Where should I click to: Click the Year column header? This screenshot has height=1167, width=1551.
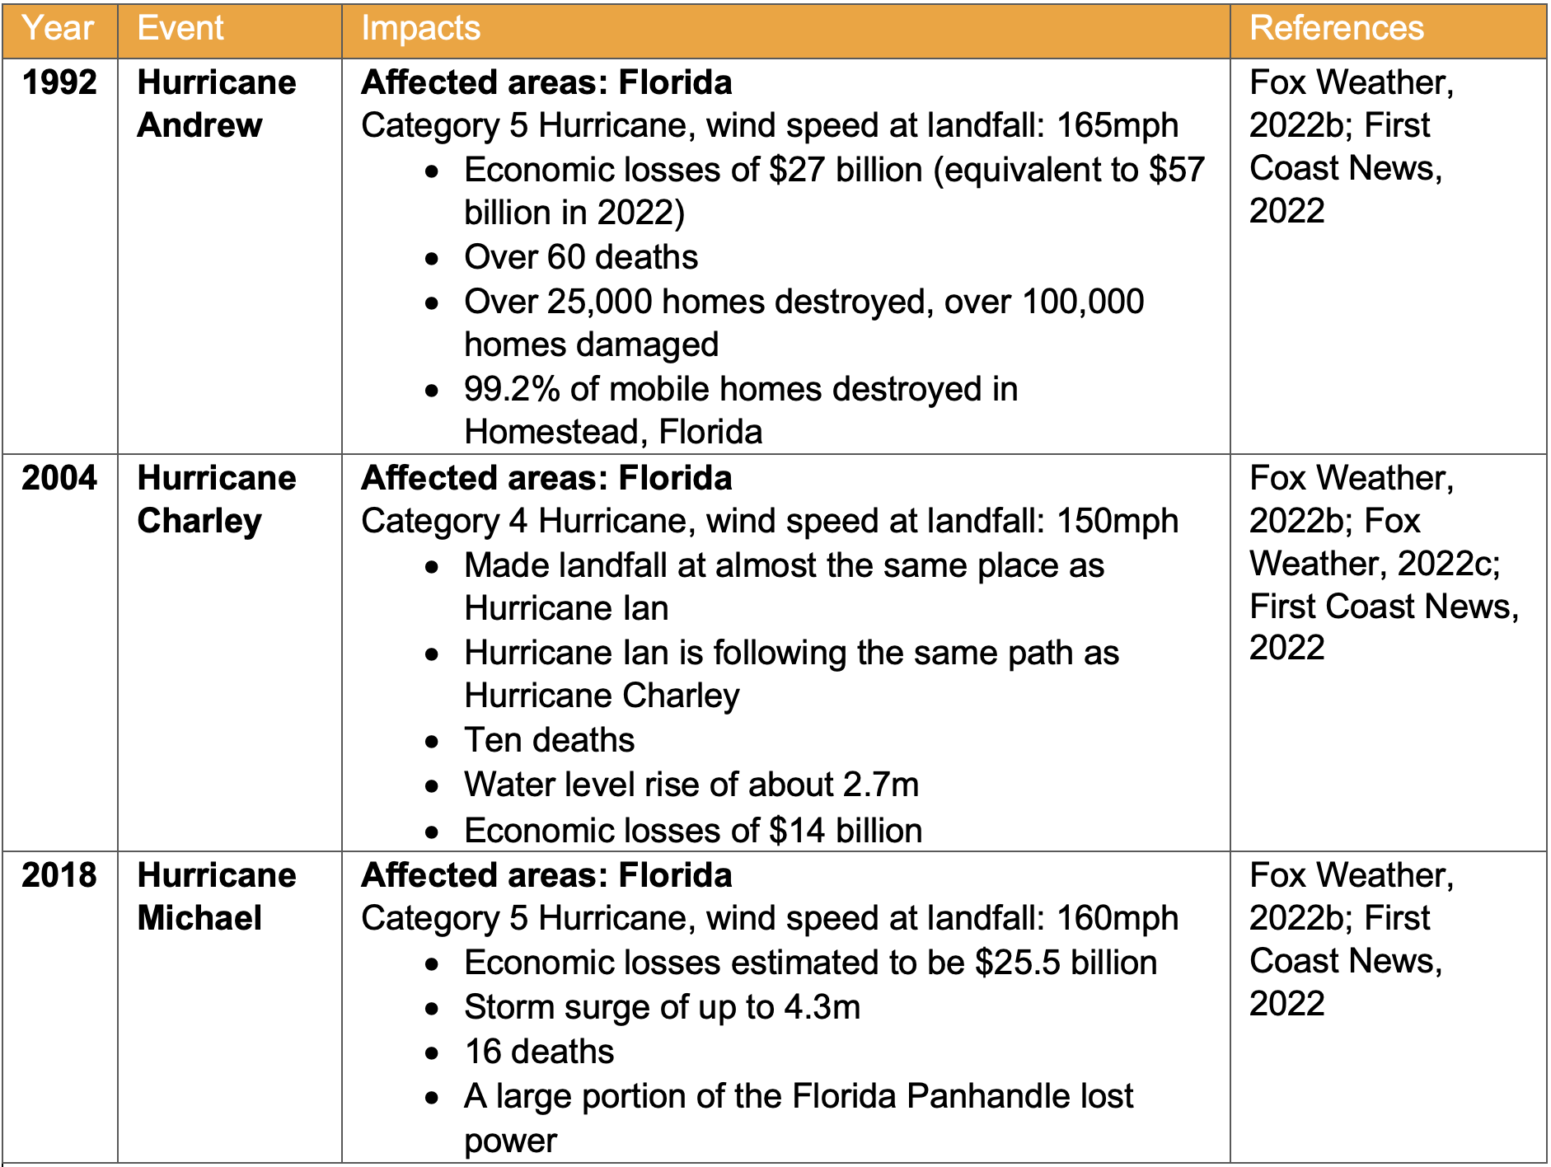tap(58, 29)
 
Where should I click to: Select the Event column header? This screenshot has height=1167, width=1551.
tap(180, 29)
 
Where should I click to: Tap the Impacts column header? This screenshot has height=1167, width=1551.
tap(420, 29)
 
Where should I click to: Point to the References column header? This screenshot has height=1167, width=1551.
tap(1336, 29)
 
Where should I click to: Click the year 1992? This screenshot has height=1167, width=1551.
tap(59, 82)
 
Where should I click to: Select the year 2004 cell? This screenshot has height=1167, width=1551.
tap(59, 478)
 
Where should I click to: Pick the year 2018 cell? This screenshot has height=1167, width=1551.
tap(59, 875)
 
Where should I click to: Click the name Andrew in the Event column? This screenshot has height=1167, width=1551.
tap(199, 125)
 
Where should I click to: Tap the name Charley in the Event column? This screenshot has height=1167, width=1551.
tap(199, 521)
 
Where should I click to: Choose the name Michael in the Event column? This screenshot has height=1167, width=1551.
tap(199, 918)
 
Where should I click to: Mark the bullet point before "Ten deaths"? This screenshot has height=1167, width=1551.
tap(433, 742)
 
